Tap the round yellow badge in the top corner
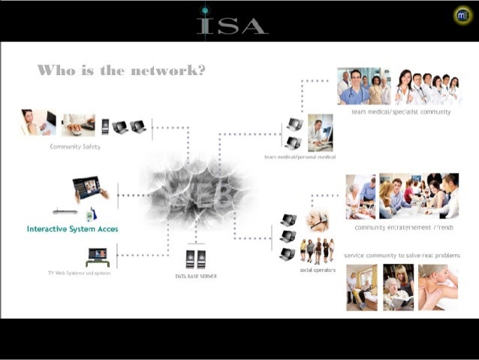click(x=463, y=14)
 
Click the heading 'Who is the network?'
click(x=122, y=71)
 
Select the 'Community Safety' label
click(x=75, y=147)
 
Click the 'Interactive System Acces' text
click(x=72, y=228)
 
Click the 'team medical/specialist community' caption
click(x=401, y=112)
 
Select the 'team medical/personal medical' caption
click(x=300, y=157)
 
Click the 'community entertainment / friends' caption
click(x=402, y=227)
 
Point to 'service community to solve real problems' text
click(x=401, y=256)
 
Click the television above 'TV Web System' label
click(x=98, y=256)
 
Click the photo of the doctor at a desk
click(x=320, y=133)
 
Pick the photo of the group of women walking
click(x=317, y=250)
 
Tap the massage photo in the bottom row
click(x=438, y=287)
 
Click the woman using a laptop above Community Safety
click(x=38, y=123)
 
